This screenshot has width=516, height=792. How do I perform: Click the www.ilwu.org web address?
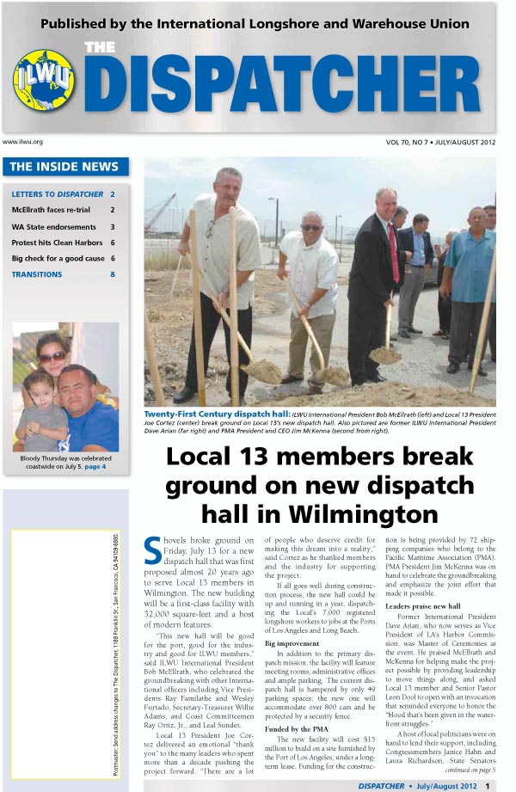pos(23,142)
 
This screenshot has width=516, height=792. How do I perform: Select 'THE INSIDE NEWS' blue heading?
pos(64,167)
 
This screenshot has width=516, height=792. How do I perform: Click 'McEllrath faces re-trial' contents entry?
pos(53,210)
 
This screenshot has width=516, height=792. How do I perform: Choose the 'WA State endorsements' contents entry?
pos(53,227)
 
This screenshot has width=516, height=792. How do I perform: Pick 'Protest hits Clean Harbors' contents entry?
pos(57,243)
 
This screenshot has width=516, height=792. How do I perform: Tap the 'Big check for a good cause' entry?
pos(58,259)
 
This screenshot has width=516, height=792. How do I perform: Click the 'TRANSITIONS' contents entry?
pos(37,275)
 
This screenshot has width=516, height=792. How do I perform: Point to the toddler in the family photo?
pos(39,412)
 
